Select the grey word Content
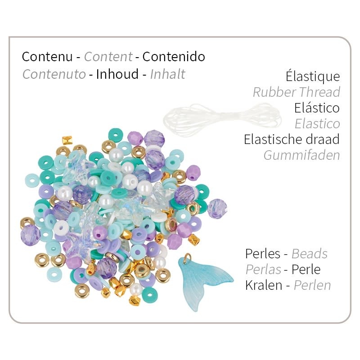point(108,57)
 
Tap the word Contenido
point(173,57)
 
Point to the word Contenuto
point(54,74)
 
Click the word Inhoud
point(117,74)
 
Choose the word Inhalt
point(168,74)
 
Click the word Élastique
point(312,76)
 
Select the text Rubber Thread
point(296,92)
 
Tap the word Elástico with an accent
point(317,108)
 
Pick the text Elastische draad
point(292,139)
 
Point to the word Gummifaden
point(301,155)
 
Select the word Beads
point(309,254)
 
